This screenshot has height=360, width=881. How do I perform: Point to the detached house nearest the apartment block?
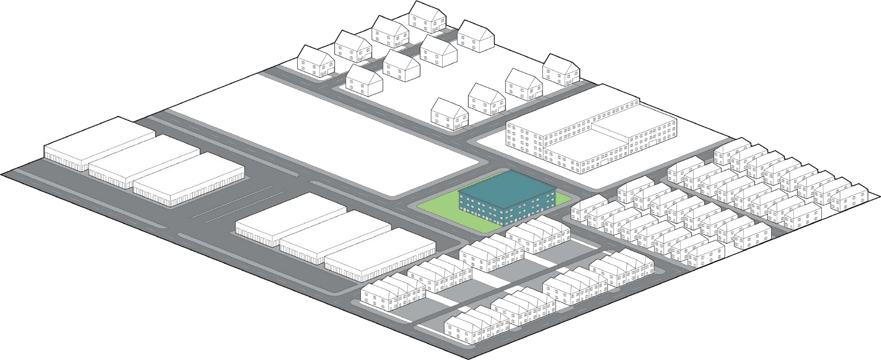click(561, 69)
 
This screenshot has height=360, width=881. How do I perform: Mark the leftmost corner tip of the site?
click(2, 173)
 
